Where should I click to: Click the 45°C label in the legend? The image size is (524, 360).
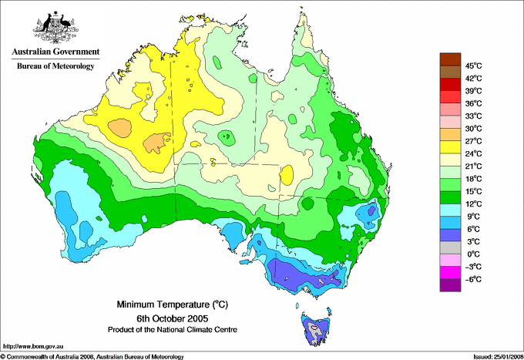473,66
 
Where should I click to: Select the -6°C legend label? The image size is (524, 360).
473,279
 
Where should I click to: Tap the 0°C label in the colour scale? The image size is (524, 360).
473,254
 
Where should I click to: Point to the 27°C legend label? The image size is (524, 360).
473,141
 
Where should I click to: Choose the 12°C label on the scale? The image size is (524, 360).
473,204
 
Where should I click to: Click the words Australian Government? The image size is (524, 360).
55,52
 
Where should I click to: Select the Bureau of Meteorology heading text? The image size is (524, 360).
55,66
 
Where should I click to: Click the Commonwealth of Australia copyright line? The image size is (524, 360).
92,356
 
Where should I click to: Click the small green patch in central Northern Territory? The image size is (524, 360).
226,137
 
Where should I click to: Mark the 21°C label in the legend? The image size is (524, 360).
473,166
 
